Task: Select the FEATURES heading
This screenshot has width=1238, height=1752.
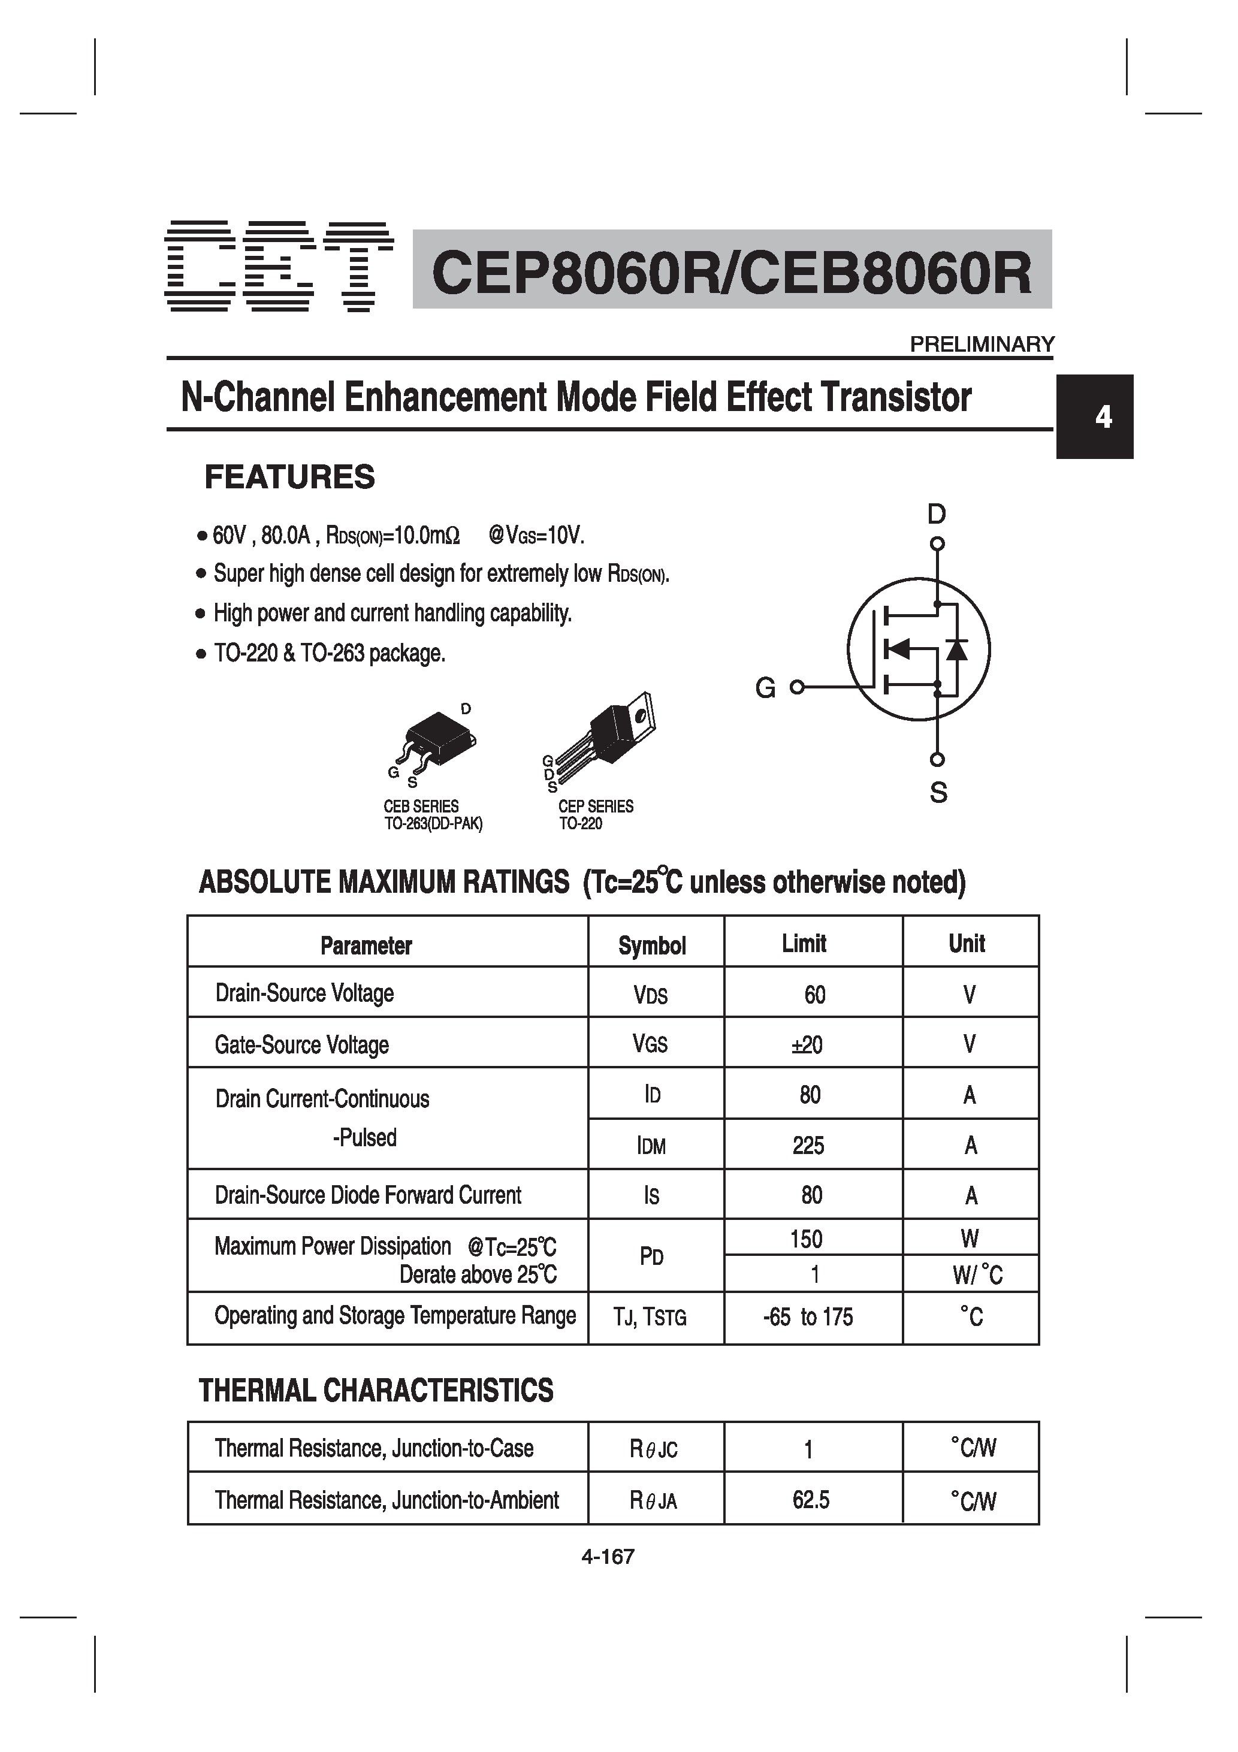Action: pos(289,477)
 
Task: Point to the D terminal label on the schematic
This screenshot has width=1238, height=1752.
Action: pos(937,514)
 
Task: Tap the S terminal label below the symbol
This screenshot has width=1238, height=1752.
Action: pos(938,793)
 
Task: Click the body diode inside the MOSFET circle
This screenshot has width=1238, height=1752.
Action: pos(956,650)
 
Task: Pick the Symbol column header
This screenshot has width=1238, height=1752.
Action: pos(652,946)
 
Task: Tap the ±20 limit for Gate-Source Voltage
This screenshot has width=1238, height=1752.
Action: pos(808,1044)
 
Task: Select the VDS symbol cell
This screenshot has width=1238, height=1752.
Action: pos(651,995)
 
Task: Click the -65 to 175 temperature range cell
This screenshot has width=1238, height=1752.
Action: pos(808,1317)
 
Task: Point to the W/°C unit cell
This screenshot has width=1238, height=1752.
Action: pos(977,1274)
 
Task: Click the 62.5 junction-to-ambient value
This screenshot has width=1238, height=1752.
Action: pos(811,1500)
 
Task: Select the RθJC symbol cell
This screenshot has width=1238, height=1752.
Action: pos(653,1449)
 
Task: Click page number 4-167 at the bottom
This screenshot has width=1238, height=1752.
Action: pos(608,1557)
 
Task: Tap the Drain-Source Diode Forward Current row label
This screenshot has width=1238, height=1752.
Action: pos(367,1195)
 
